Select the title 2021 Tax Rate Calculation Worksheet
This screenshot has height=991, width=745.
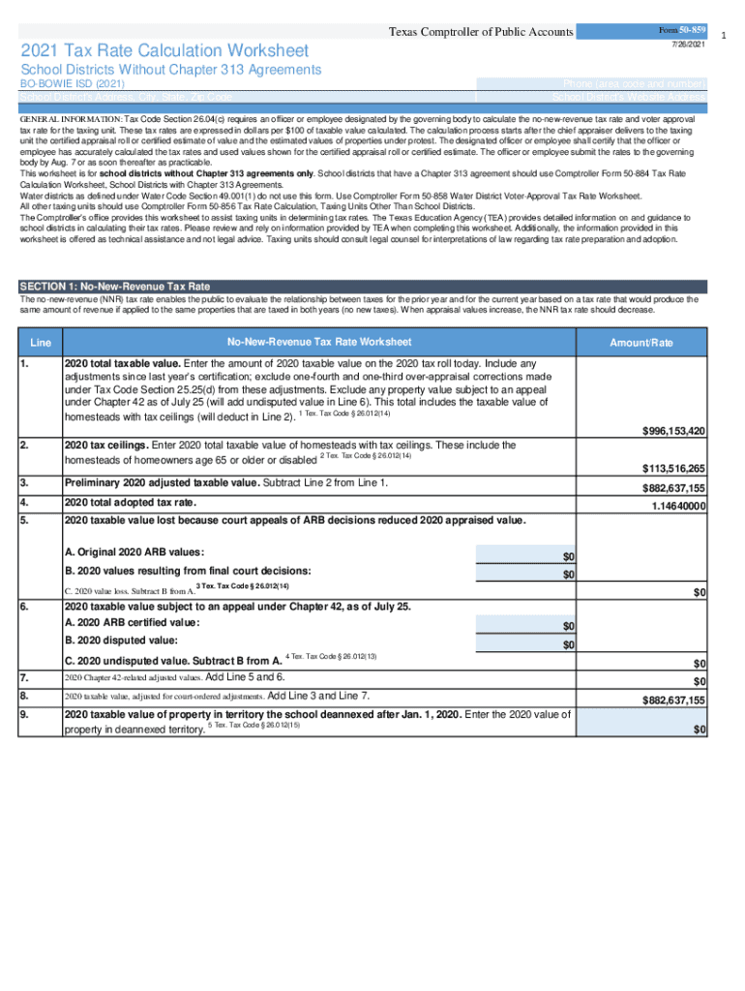165,50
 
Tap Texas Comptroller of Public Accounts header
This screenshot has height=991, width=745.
481,33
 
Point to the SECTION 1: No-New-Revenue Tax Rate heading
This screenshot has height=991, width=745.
115,286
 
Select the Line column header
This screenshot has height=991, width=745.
41,344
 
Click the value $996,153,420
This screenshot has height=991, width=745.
673,431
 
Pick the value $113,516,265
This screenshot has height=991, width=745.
673,468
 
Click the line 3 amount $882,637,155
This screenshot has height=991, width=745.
673,489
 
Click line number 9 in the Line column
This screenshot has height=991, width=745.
24,715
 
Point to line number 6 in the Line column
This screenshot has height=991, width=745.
24,607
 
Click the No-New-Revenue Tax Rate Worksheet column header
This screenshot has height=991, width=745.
319,342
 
